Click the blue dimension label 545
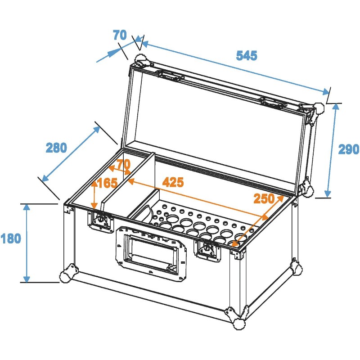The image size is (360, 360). point(247,56)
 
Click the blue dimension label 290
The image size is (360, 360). point(349,149)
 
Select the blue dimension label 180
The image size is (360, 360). point(11,238)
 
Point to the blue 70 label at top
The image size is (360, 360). point(120,35)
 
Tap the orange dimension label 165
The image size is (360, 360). point(107,183)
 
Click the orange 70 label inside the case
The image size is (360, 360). point(123,165)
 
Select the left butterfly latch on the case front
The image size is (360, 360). point(100,221)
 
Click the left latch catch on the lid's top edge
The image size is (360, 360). point(171,75)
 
